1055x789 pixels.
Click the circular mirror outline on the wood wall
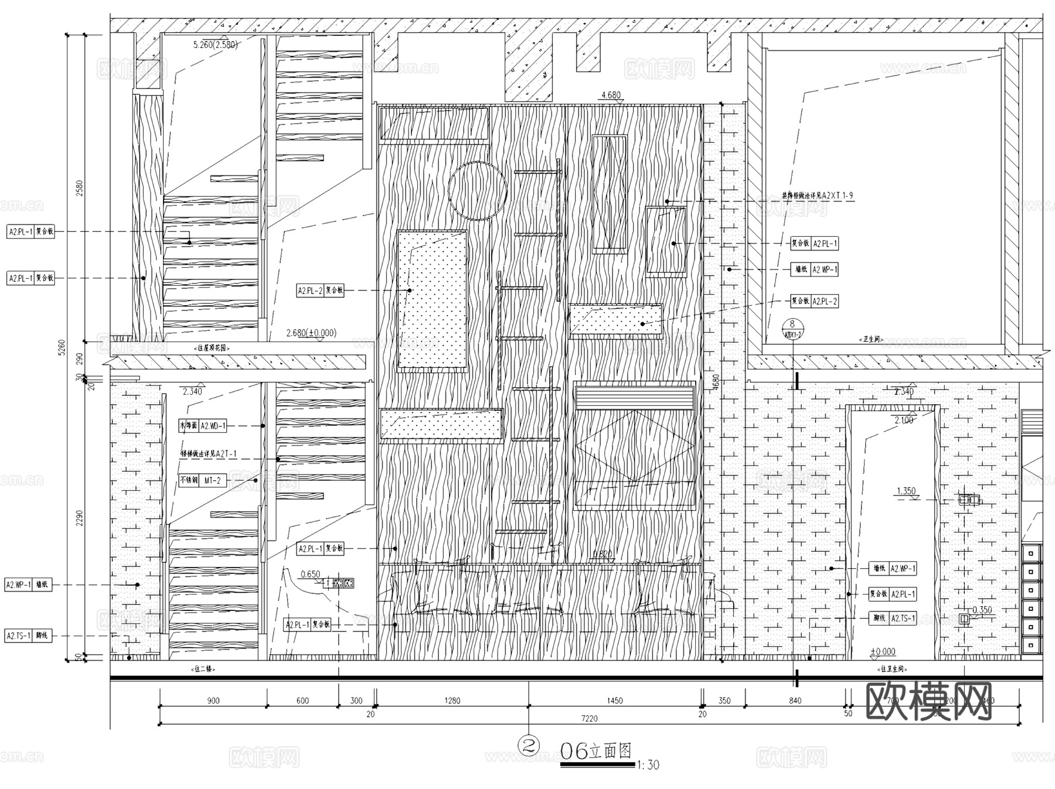(477, 191)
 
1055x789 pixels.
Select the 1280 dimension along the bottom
(452, 701)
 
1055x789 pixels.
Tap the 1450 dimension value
(615, 701)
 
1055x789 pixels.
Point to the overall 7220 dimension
(589, 719)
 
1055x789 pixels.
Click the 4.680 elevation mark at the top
(611, 95)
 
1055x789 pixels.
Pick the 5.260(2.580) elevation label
(215, 45)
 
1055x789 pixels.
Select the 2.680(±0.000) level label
(311, 333)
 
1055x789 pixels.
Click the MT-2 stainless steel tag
(212, 480)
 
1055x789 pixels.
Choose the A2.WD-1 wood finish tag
(213, 426)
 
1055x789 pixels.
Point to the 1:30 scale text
(648, 765)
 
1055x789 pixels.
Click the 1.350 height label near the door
(906, 491)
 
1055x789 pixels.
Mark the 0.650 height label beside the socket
(310, 574)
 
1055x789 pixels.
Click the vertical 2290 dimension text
(80, 517)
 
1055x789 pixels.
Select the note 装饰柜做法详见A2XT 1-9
(818, 196)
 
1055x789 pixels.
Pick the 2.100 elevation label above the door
(904, 420)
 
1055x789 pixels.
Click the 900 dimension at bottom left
(213, 701)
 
